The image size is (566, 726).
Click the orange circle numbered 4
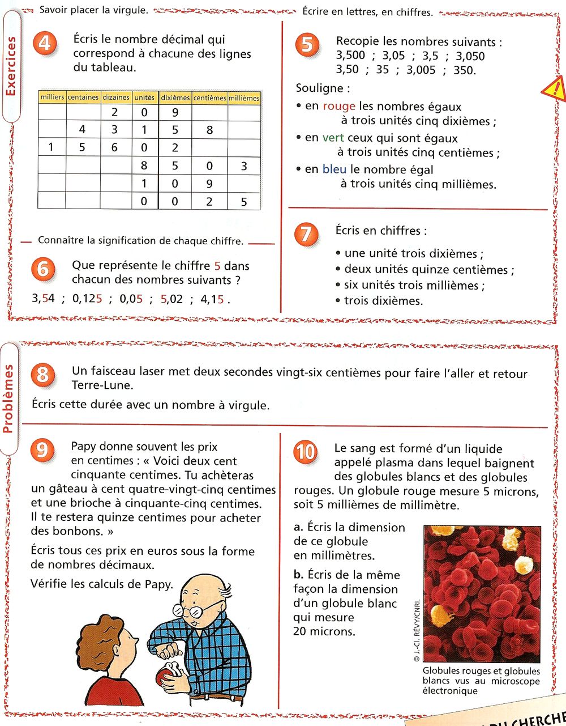pos(45,44)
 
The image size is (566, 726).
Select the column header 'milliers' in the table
pos(52,97)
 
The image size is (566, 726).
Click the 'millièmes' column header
pos(244,98)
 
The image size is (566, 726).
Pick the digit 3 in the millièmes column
pos(244,167)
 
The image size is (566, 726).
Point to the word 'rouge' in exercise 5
pos(338,107)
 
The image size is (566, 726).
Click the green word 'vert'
pos(333,138)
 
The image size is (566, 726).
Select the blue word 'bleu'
pos(334,169)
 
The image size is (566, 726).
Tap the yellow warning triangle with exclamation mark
pos(555,89)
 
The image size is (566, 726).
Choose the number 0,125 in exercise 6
pos(87,299)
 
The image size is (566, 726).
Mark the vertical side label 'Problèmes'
pos(8,398)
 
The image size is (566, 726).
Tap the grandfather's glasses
pos(195,611)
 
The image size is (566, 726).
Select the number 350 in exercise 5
pos(464,70)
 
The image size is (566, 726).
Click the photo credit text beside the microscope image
pos(417,630)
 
